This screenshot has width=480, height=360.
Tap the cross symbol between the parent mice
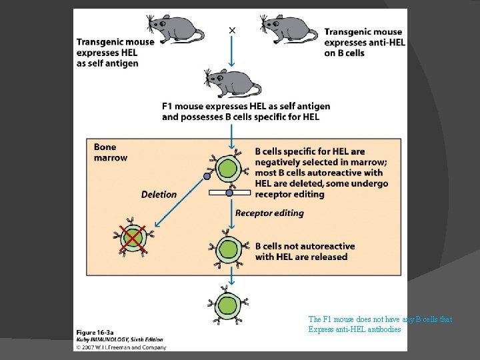tap(232, 29)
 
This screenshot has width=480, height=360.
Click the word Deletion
tap(159, 195)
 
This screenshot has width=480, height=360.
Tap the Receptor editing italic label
tap(269, 213)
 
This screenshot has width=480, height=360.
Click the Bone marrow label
tap(110, 152)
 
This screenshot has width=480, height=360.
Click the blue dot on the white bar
tap(229, 193)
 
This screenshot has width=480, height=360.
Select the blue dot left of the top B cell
tap(207, 177)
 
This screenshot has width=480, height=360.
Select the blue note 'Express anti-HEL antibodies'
tap(355, 329)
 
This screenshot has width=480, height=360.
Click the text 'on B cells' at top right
tap(345, 53)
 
